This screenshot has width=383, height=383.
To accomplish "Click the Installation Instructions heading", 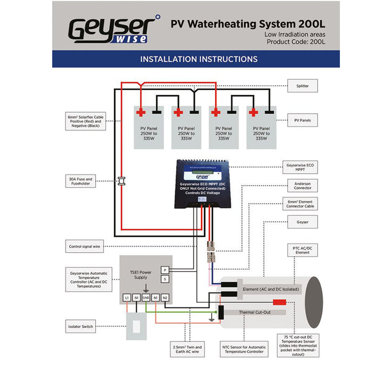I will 198,59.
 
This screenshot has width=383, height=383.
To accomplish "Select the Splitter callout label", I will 303,85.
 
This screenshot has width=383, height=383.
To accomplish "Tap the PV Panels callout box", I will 303,120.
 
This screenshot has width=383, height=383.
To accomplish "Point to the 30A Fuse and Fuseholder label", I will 80,182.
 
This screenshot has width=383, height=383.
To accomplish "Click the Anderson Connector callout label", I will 303,185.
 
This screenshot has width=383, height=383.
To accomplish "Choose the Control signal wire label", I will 85,247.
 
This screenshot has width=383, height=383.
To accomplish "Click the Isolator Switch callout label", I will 80,326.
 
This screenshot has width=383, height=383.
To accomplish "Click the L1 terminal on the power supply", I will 127,298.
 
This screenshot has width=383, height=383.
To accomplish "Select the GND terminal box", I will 146,298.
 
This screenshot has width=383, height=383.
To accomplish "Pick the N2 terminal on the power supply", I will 165,298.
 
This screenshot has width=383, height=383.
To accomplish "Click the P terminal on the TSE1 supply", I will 165,270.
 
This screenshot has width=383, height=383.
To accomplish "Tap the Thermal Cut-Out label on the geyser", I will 255,312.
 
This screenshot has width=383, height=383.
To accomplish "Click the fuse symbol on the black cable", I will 121,181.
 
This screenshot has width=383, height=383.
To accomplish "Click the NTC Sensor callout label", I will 244,348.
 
